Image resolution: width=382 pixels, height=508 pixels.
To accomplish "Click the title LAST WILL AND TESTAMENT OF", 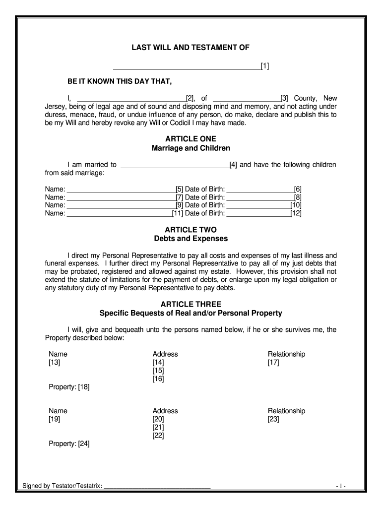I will pyautogui.click(x=191, y=48).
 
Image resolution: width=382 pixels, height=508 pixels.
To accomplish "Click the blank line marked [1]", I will pyautogui.click(x=187, y=66).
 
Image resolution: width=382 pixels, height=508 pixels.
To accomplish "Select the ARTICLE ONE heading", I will pyautogui.click(x=191, y=139).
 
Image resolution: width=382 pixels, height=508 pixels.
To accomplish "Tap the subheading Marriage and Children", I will pyautogui.click(x=191, y=148).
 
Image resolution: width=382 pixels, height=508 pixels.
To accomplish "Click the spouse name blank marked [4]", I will pyautogui.click(x=175, y=165).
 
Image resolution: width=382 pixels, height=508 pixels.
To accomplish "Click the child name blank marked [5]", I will pyautogui.click(x=121, y=189).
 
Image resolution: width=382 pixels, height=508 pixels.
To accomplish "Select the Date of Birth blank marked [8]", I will pyautogui.click(x=259, y=197).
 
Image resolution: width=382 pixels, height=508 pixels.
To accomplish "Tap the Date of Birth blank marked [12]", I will pyautogui.click(x=258, y=214).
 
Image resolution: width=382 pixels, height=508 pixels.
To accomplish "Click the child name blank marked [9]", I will pyautogui.click(x=121, y=205).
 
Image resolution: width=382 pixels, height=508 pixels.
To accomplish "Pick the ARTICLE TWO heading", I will pyautogui.click(x=191, y=230).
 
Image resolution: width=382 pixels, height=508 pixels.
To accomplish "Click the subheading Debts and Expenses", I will pyautogui.click(x=191, y=239).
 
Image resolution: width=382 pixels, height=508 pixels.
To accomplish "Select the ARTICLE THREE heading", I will pyautogui.click(x=191, y=304).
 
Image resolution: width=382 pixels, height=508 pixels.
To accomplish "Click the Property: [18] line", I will pyautogui.click(x=69, y=387).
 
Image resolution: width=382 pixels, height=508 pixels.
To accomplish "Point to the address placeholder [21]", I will pyautogui.click(x=158, y=427).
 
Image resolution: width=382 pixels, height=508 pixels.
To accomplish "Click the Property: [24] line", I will pyautogui.click(x=69, y=444).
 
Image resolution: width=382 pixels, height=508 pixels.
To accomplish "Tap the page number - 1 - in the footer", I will pyautogui.click(x=340, y=486).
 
